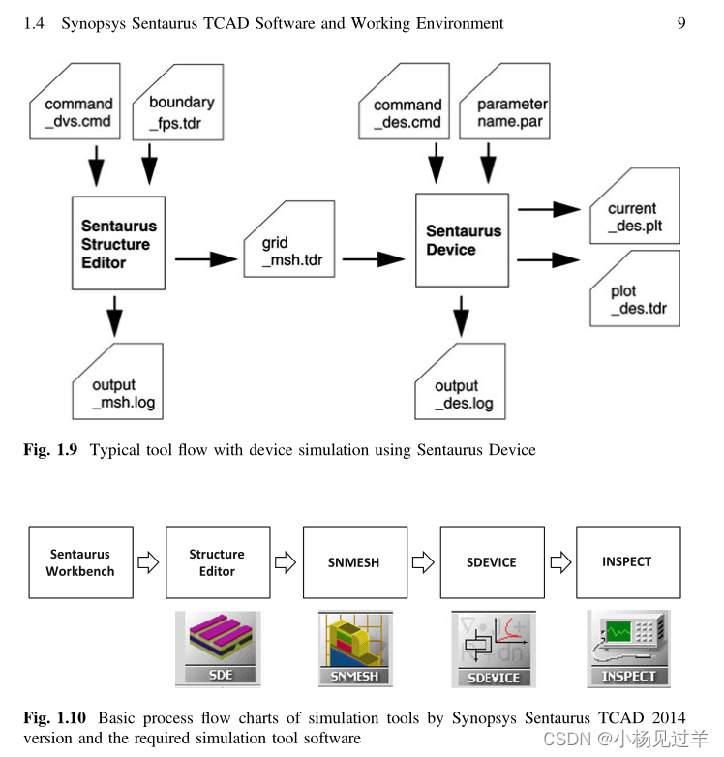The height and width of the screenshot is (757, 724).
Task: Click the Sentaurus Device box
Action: (x=463, y=240)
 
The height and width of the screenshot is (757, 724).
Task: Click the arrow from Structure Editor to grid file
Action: (x=206, y=258)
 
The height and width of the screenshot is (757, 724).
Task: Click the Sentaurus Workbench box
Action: (x=80, y=562)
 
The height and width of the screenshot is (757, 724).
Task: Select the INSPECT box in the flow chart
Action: (x=627, y=561)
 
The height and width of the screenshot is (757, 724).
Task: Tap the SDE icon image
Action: (x=219, y=647)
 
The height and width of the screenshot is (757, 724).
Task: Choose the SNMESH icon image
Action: (x=355, y=647)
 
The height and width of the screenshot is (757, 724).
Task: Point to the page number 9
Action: (x=680, y=23)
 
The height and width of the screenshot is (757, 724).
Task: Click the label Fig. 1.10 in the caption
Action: (x=55, y=718)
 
